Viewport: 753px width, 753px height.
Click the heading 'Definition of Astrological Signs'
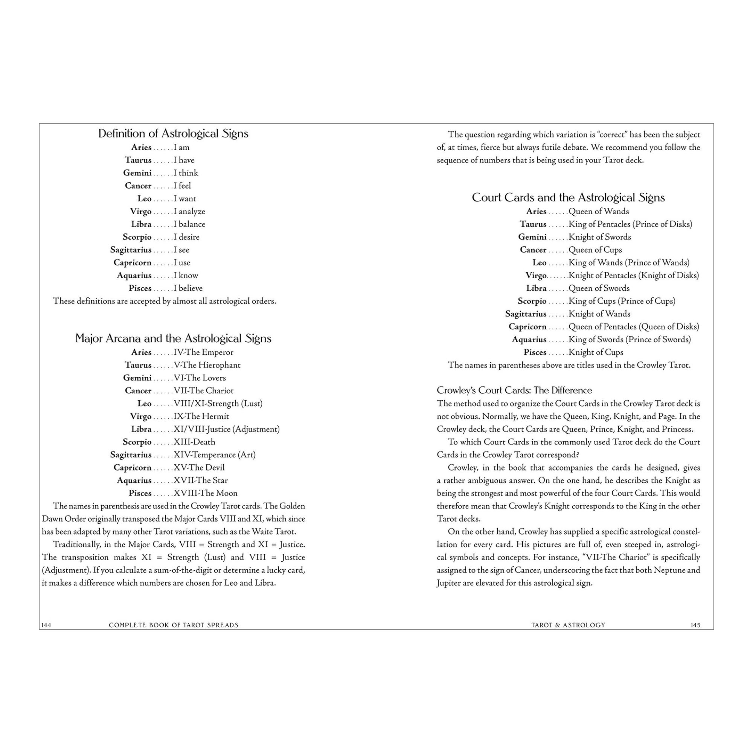173,134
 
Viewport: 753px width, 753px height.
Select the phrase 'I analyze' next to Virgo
189,212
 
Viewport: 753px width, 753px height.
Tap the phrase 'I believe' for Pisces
188,288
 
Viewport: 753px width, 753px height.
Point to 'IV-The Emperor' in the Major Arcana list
203,352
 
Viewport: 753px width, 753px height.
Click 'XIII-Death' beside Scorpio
195,442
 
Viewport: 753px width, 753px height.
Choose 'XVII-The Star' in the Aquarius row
201,480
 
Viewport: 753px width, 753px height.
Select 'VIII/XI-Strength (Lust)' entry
218,403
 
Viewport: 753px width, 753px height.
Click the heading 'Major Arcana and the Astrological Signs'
173,338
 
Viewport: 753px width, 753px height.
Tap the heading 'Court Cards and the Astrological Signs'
568,198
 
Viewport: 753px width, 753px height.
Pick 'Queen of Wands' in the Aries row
599,212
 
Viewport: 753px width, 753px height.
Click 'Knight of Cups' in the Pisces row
596,352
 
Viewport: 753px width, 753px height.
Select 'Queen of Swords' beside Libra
599,288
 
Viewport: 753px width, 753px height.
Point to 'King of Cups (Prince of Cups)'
622,301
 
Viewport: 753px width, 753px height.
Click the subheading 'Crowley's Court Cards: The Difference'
514,390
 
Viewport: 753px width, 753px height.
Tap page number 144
46,625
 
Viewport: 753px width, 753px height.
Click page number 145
695,625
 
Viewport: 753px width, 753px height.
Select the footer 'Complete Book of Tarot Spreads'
174,625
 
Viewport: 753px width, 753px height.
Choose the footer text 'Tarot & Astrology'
568,625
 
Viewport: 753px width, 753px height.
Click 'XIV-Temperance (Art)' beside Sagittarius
215,455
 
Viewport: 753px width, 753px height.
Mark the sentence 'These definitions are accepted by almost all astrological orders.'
165,301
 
